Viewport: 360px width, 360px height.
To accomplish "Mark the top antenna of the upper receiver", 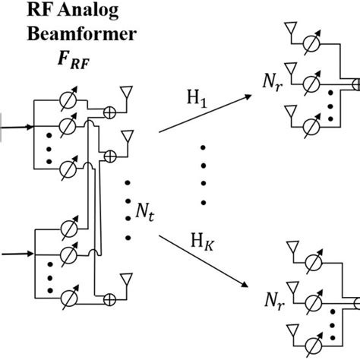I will [289, 30].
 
